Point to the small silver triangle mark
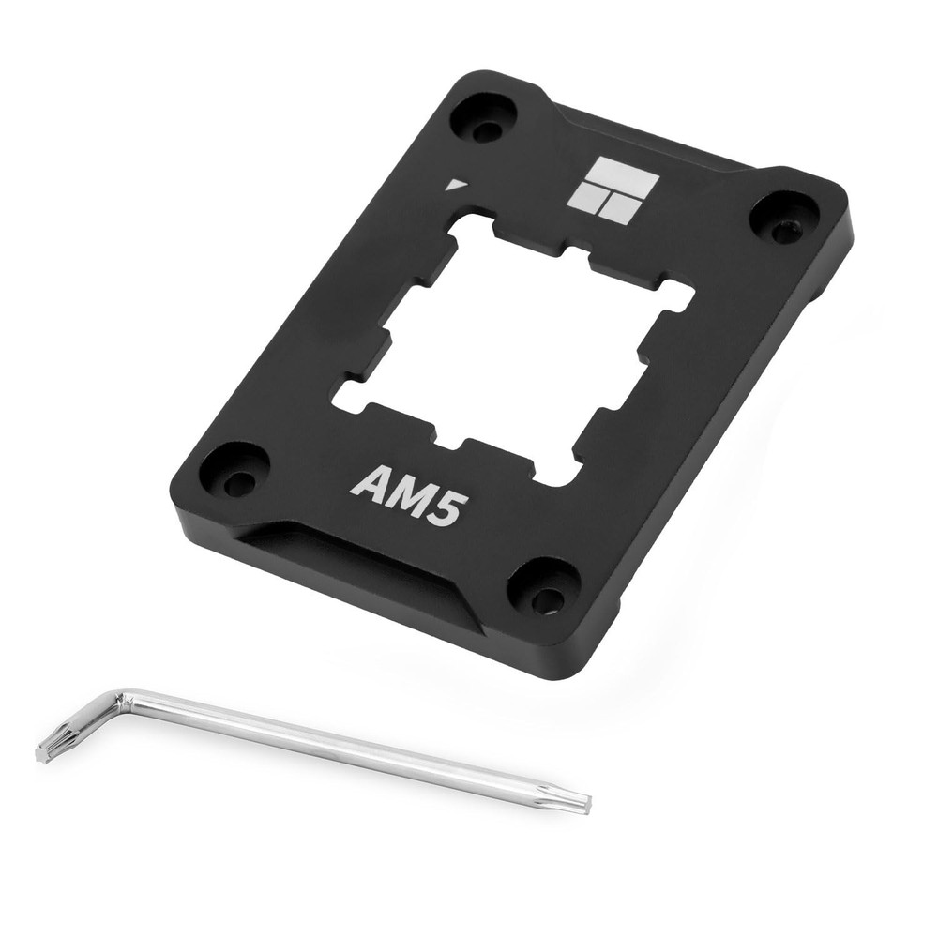tap(456, 185)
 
